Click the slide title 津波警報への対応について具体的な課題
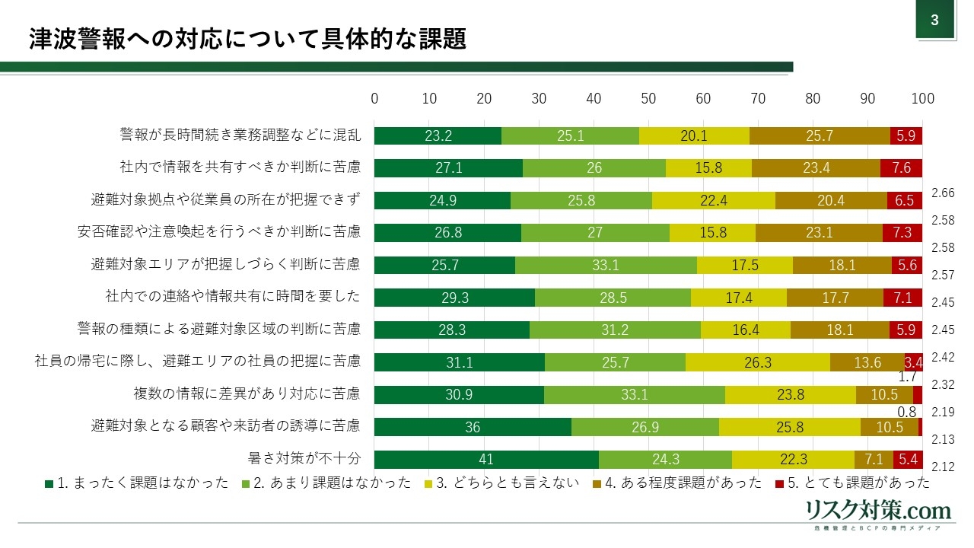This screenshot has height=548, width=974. pos(247,40)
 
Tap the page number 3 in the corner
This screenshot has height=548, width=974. pos(935,21)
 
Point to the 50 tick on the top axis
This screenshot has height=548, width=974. pos(648,98)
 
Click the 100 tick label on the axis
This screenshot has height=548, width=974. pos(922,98)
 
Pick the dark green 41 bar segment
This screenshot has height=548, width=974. pos(486,460)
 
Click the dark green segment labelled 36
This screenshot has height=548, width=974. pos(473,427)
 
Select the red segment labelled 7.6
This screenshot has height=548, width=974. pos(901,168)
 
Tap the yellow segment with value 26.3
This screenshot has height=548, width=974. pos(758,362)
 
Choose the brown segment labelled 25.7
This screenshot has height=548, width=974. pos(820,135)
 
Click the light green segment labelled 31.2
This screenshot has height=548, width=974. pos(615,330)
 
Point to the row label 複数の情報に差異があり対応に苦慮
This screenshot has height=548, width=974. pos(247,394)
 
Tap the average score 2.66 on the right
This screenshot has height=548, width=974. pos(943,193)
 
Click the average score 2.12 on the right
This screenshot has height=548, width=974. pos(943,467)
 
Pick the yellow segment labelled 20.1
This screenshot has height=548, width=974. pos(694,135)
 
